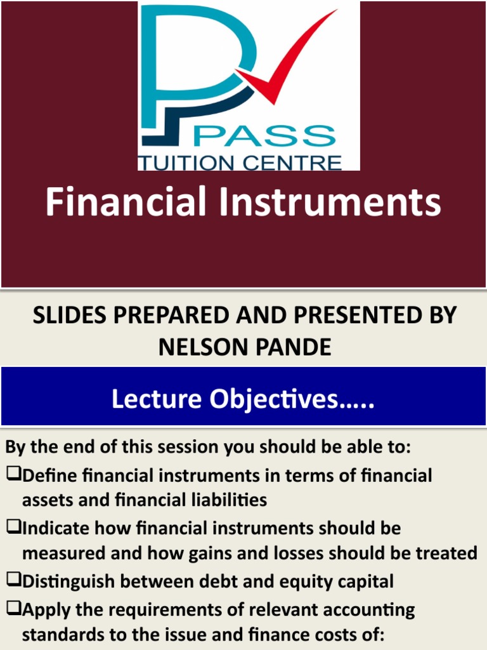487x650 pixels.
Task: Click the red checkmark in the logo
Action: [x=285, y=63]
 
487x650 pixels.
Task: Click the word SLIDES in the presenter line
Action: [x=68, y=315]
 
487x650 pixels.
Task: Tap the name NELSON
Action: [x=202, y=347]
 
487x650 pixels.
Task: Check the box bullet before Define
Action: [x=13, y=475]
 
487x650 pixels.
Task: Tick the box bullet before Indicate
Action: [x=13, y=527]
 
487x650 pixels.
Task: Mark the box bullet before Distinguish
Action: [x=13, y=581]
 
